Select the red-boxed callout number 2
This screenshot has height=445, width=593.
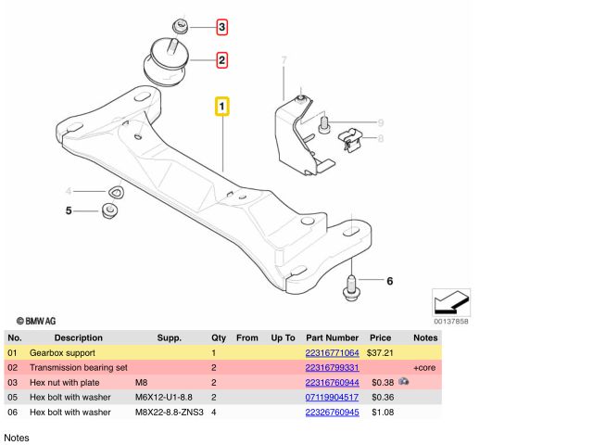[x=222, y=61]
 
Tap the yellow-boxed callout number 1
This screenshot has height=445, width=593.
[x=222, y=107]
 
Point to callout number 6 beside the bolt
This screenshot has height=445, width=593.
[x=389, y=280]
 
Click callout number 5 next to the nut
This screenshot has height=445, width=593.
[x=68, y=211]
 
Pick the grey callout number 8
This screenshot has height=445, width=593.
[x=379, y=139]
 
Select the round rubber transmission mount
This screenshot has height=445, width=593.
[x=166, y=63]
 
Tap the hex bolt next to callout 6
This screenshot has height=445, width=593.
[x=352, y=284]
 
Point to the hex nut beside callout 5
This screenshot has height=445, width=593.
[x=109, y=213]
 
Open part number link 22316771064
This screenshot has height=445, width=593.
[x=332, y=353]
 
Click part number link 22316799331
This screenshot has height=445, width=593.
[x=332, y=367]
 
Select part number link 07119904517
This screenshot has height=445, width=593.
[x=332, y=397]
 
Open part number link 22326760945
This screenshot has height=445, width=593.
[x=332, y=412]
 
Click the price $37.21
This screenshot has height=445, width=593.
[x=380, y=353]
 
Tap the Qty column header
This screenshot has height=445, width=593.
[x=219, y=338]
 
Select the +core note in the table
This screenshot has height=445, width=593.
[x=424, y=367]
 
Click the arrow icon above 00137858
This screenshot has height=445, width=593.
[x=451, y=301]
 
